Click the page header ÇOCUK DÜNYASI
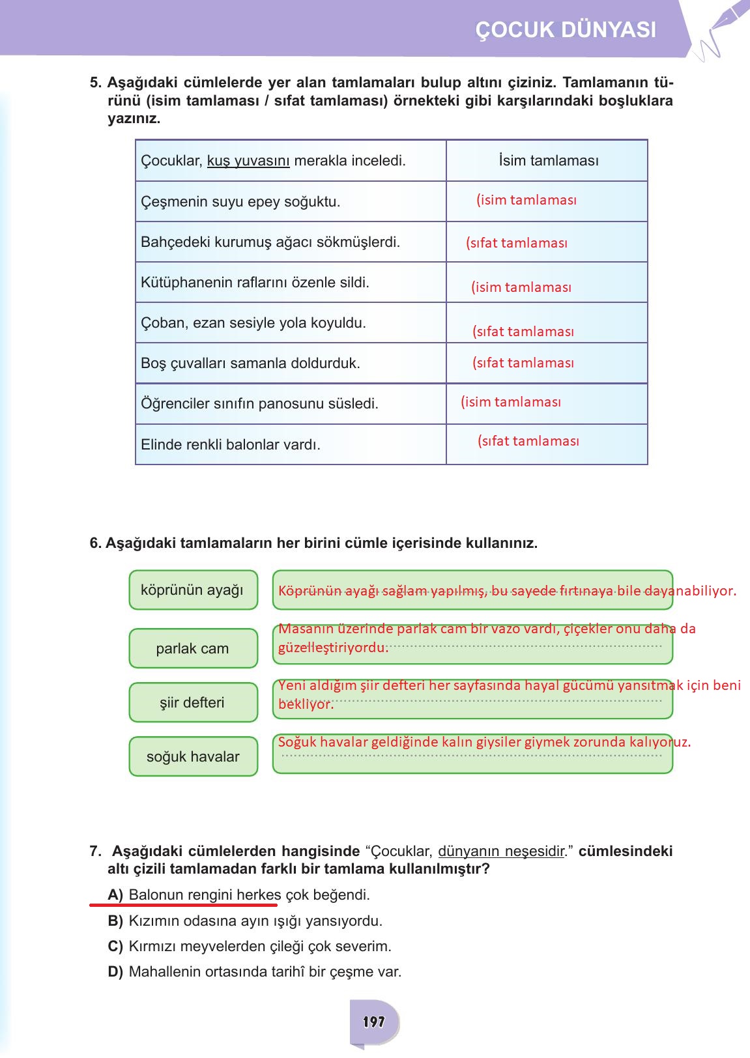point(566,30)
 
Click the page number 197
point(374,1022)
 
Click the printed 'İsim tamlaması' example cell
point(548,161)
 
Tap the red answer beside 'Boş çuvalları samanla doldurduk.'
point(523,363)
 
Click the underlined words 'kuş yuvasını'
point(248,161)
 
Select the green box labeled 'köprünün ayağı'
point(193,590)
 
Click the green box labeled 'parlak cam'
point(193,649)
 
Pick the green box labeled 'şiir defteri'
point(193,703)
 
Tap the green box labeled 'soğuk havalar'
point(193,757)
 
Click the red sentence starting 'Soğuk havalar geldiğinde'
point(484,742)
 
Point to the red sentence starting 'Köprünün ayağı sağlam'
point(507,591)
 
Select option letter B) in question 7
point(115,921)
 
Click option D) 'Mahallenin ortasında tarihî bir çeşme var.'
point(265,972)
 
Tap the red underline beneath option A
point(183,905)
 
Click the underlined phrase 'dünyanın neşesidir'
point(501,851)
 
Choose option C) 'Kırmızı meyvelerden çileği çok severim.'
point(259,947)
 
